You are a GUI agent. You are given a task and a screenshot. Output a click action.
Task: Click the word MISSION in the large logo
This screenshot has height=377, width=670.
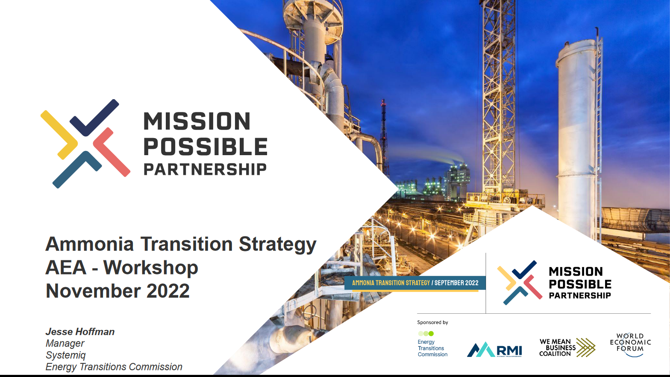tap(197, 121)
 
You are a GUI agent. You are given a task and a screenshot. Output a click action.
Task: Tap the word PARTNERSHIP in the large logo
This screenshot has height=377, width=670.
tap(205, 170)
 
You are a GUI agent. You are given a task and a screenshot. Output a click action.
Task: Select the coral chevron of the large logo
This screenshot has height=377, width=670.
tap(112, 152)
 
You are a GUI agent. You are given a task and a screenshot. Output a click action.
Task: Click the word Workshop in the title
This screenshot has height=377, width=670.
tap(151, 268)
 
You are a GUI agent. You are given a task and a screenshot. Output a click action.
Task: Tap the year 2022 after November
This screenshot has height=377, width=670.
tap(168, 291)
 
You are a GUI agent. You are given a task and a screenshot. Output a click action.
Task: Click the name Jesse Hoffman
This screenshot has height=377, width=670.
tap(80, 332)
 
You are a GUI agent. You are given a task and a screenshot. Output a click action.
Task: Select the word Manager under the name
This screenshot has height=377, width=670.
tap(65, 343)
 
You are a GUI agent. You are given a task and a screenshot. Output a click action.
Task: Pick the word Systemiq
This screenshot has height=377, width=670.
tap(65, 355)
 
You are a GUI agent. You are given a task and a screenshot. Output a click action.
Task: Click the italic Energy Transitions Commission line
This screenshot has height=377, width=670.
tap(114, 367)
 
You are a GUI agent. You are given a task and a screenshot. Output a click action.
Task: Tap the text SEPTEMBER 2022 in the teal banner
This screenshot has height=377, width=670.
tap(456, 283)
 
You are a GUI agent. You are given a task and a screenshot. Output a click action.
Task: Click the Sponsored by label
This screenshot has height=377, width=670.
tap(432, 322)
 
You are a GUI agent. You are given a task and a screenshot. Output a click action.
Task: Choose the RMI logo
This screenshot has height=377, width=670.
tap(494, 350)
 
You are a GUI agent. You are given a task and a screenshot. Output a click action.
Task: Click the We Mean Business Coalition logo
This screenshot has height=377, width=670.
tap(567, 348)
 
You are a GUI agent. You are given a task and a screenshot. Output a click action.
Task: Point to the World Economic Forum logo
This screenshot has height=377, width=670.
tap(630, 345)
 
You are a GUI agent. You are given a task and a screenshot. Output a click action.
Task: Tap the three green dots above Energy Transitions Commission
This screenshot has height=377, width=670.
tap(426, 333)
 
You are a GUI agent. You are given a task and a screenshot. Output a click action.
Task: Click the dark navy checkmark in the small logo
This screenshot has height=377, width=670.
tap(523, 269)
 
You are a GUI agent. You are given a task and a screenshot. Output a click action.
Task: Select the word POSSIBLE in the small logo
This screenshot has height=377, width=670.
tap(580, 284)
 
